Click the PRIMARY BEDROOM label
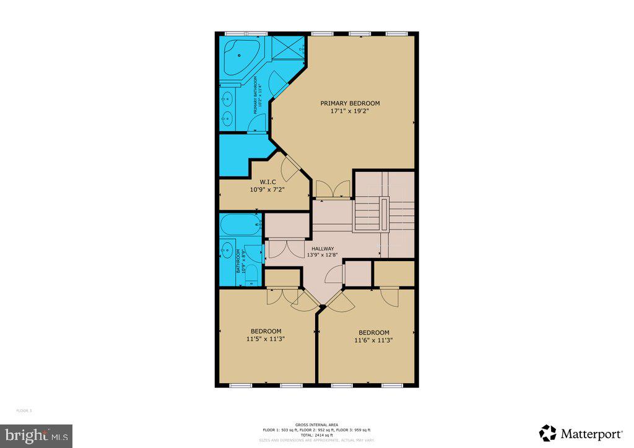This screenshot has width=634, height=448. (x=350, y=103)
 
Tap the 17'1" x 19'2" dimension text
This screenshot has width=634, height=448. (x=350, y=112)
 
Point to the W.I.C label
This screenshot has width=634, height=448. (x=267, y=182)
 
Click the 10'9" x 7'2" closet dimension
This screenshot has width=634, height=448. (x=267, y=190)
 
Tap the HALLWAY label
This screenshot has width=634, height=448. (x=323, y=248)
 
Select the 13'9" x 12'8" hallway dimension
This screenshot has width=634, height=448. (x=323, y=255)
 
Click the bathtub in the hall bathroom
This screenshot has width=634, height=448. (x=240, y=226)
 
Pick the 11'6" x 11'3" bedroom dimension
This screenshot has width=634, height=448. (x=373, y=340)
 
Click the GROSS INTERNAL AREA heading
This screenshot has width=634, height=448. (x=316, y=424)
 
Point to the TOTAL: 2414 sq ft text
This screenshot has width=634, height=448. (x=316, y=435)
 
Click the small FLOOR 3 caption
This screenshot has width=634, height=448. (x=23, y=410)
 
